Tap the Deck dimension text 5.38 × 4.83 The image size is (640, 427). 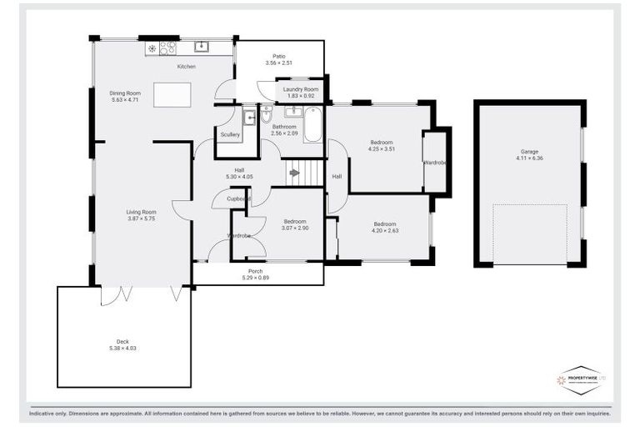pyautogui.click(x=122, y=348)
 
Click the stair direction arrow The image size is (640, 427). pyautogui.click(x=294, y=173)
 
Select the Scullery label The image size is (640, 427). pyautogui.click(x=230, y=134)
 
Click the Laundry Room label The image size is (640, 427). pyautogui.click(x=300, y=89)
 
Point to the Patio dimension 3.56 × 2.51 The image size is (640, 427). pyautogui.click(x=279, y=63)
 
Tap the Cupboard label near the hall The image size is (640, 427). pyautogui.click(x=238, y=199)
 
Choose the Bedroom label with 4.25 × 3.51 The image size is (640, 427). pyautogui.click(x=382, y=143)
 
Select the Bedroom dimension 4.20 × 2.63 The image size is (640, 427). pyautogui.click(x=384, y=230)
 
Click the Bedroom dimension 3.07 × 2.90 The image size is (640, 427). pyautogui.click(x=295, y=228)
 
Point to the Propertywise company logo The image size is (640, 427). pyautogui.click(x=579, y=379)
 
